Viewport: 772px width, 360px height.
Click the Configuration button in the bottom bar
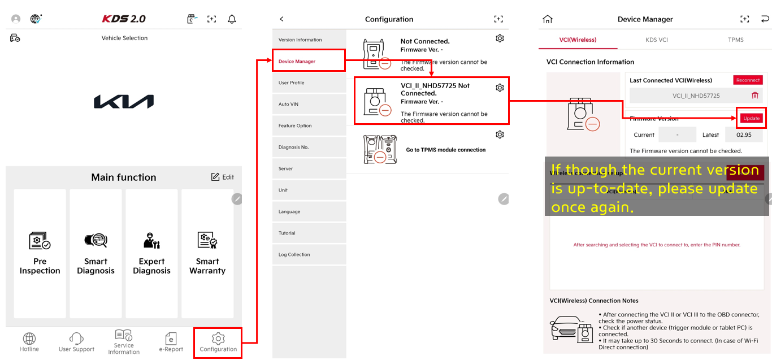(218, 342)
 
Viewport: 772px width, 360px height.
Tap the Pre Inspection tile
(40, 253)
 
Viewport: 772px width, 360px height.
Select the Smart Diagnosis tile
(96, 253)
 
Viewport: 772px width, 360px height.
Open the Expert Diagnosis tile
(151, 253)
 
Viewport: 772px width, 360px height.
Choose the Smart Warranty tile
(207, 253)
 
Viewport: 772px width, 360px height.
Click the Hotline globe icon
(29, 339)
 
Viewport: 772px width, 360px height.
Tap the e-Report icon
(171, 339)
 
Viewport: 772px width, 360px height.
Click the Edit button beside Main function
(222, 177)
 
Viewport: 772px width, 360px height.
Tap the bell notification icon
(232, 19)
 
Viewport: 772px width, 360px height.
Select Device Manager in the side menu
(308, 61)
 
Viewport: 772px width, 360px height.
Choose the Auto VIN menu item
(308, 104)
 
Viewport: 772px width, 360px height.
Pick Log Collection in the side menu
(308, 254)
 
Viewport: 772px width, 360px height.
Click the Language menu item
(308, 211)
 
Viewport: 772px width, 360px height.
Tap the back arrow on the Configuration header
(282, 19)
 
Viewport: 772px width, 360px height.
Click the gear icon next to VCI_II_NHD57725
(500, 88)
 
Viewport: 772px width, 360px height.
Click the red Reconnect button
(748, 80)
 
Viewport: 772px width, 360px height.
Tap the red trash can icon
(754, 96)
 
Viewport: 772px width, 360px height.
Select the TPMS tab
(735, 40)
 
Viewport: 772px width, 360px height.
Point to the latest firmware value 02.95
(744, 135)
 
